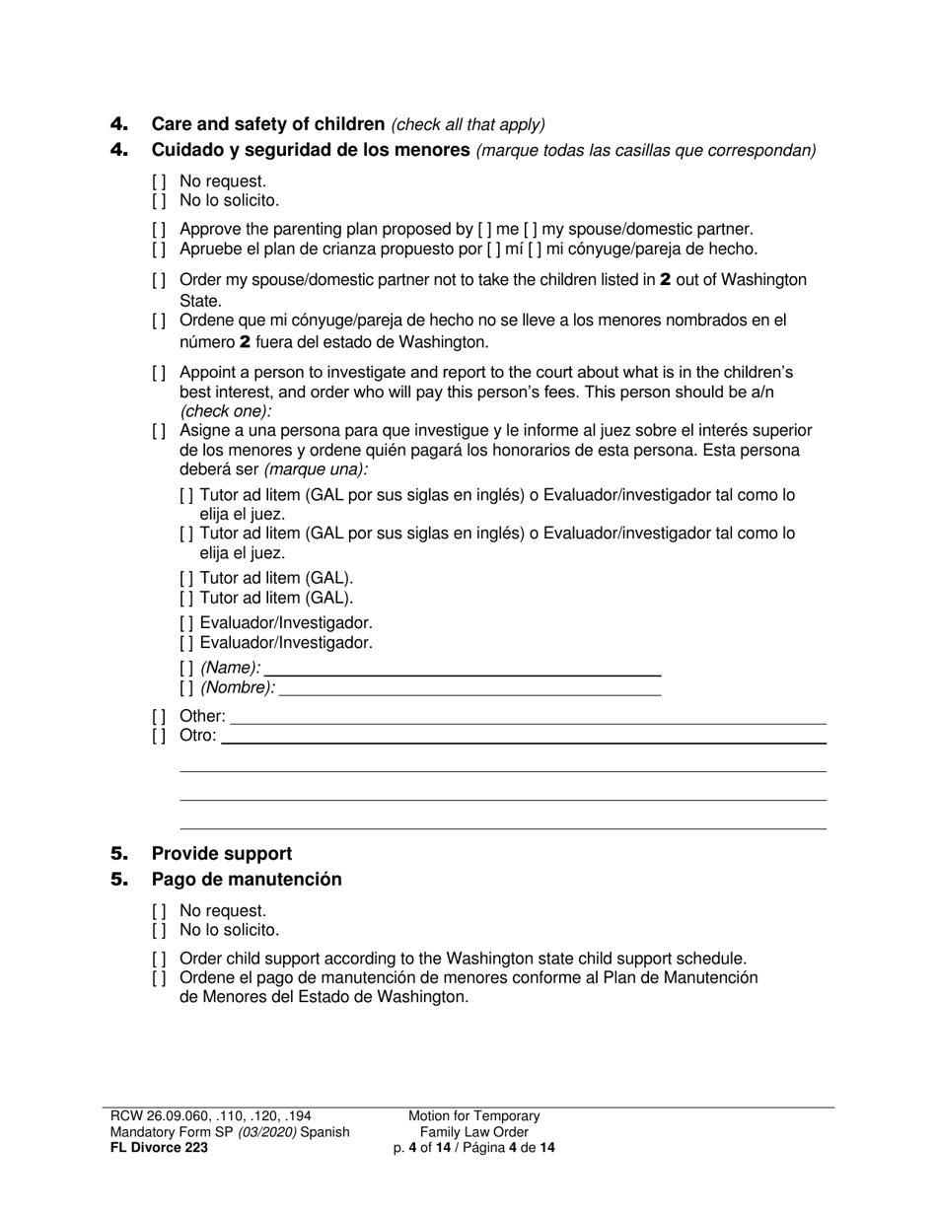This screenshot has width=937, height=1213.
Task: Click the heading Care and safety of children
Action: coord(267,124)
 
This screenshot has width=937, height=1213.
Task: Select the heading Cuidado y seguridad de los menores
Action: coord(310,150)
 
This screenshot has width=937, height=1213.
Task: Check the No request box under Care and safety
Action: coord(159,182)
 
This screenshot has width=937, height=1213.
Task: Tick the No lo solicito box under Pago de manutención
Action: coord(159,930)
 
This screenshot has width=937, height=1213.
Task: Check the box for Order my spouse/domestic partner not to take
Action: coord(159,281)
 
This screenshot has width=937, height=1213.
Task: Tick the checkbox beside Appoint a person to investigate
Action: coord(159,374)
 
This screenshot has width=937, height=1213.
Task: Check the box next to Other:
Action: coord(159,717)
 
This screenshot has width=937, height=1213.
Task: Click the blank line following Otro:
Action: coord(523,737)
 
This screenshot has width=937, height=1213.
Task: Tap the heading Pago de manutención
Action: coord(247,879)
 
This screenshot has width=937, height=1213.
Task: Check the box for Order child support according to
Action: coord(159,960)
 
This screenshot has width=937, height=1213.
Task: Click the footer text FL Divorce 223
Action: coord(159,1148)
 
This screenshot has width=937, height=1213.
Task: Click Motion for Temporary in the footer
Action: coord(474,1116)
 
